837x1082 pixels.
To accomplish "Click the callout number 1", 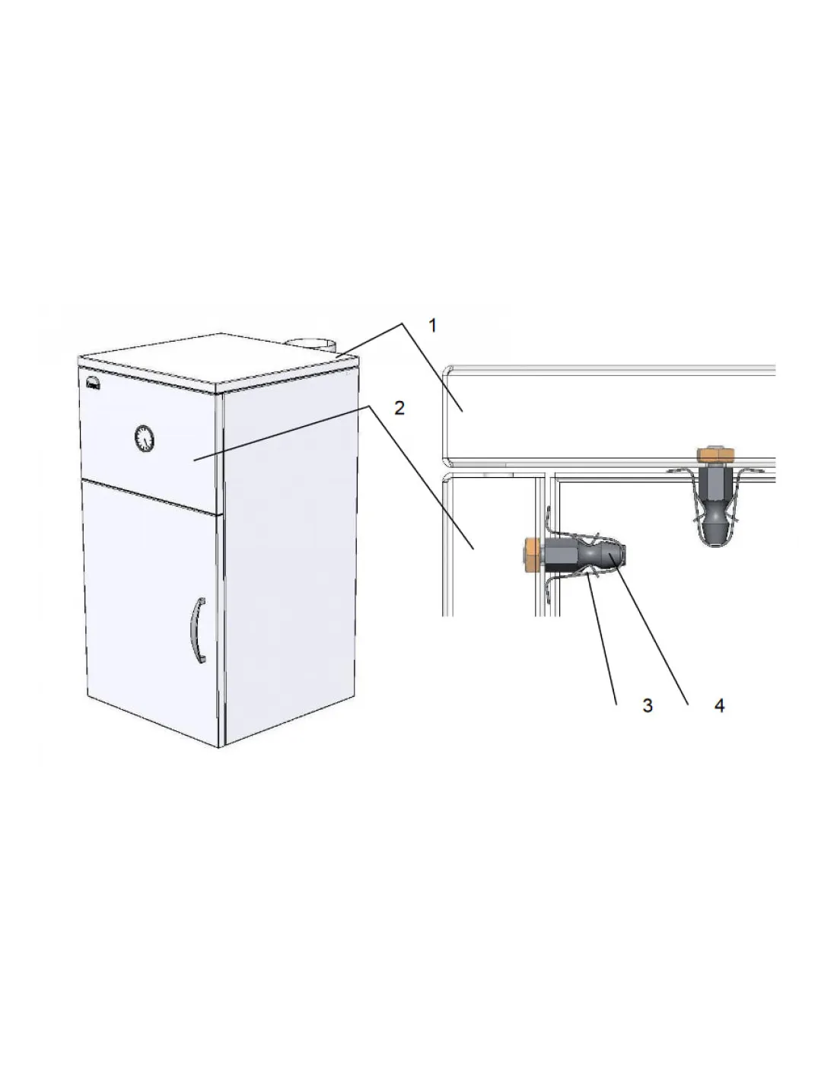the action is pos(432,326).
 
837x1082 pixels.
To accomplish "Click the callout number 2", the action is pos(399,409).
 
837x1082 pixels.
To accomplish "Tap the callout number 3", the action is pos(647,705).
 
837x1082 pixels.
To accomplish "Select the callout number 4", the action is pos(719,705).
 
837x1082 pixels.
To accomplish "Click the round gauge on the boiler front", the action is pos(144,438).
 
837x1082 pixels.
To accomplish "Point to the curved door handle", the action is pos(198,630).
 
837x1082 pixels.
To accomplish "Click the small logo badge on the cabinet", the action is pos(93,383).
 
